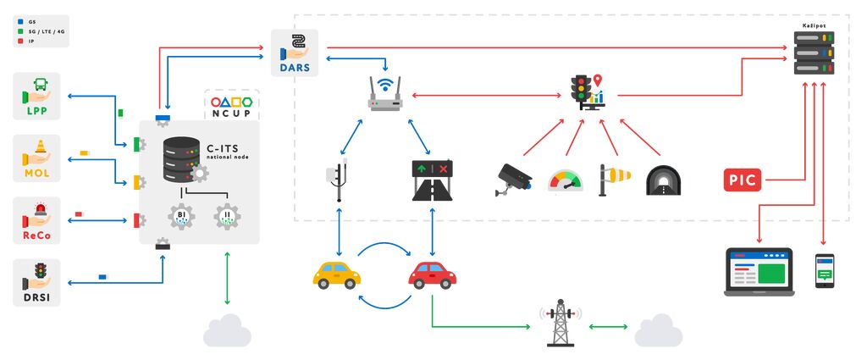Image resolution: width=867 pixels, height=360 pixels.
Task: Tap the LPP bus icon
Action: click(x=37, y=88)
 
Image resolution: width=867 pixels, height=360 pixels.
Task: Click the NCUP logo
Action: click(x=232, y=105)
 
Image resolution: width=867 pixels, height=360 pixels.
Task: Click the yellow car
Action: click(x=337, y=274)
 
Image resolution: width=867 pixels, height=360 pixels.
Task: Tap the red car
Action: click(x=432, y=274)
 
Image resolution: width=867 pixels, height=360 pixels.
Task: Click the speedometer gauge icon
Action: click(x=565, y=180)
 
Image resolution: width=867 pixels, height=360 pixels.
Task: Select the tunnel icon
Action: click(x=663, y=180)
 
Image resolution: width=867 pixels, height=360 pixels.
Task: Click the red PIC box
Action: click(x=743, y=180)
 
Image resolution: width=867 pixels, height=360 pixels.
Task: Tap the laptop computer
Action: click(x=759, y=271)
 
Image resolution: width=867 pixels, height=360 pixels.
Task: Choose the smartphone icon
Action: click(x=825, y=270)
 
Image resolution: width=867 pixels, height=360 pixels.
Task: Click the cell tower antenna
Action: click(x=560, y=324)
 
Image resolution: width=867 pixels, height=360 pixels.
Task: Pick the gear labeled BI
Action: click(x=181, y=216)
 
